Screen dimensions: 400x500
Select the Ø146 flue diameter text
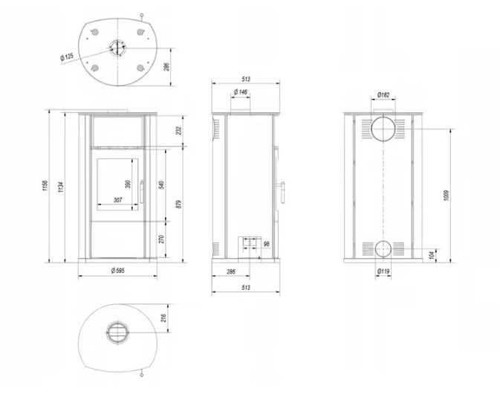pos(241,91)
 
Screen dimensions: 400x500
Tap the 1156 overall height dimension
pos(45,184)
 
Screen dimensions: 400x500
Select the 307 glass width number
pos(117,200)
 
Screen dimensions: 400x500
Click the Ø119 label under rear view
pos(384,271)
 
